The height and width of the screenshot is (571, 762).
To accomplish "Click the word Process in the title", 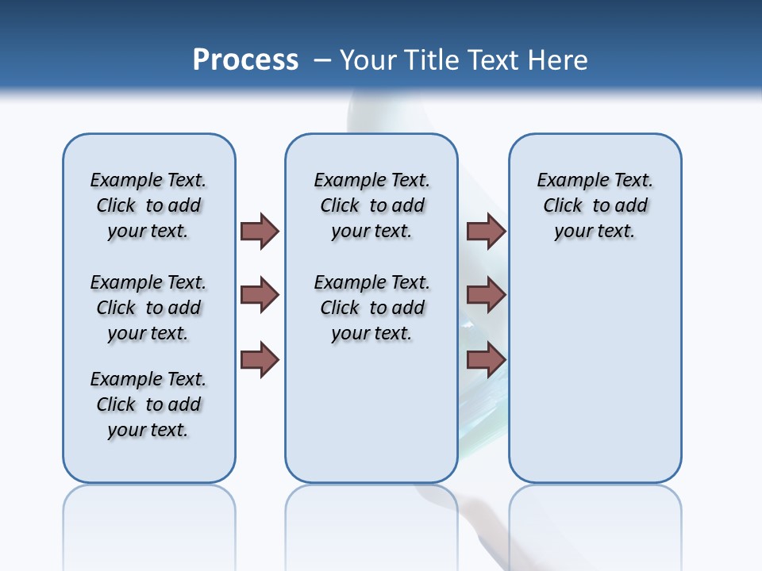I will coord(245,59).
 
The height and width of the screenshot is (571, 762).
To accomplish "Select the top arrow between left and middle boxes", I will coord(260,231).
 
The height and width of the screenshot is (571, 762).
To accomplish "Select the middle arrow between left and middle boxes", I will coord(260,295).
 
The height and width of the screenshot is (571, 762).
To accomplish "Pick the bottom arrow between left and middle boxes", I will coord(260,360).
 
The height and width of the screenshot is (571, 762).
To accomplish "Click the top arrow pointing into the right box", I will coord(486,231).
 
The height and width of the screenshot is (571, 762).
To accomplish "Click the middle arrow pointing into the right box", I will coord(486,295).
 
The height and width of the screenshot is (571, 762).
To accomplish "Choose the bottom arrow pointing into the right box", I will coord(486,360).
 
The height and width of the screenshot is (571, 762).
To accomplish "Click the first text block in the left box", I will coord(148,205).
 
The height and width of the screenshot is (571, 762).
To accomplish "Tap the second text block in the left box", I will coord(148,308).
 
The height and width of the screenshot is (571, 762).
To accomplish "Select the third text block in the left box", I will coord(148,404).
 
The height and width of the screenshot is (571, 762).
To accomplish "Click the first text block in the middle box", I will coord(371,205).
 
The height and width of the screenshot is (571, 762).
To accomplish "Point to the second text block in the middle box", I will coord(371,308).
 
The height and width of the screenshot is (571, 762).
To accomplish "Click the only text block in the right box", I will coord(595,205).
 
